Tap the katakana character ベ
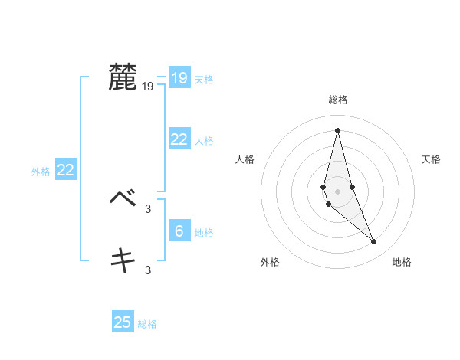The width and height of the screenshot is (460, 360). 123,198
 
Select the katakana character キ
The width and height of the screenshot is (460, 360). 123,260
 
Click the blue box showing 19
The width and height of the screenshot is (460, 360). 179,78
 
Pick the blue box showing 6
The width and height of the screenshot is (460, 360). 179,231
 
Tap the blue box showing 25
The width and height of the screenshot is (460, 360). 123,322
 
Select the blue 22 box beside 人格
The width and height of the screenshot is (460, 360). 179,139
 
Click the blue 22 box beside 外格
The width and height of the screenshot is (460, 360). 65,170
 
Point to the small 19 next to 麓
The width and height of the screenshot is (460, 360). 148,87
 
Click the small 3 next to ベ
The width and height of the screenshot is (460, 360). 148,208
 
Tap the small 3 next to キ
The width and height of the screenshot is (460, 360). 148,270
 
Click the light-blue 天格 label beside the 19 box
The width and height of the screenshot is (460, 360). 204,80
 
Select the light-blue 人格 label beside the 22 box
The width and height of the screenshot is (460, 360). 204,141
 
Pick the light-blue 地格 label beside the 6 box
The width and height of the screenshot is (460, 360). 204,233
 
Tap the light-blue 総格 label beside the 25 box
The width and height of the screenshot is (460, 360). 147,324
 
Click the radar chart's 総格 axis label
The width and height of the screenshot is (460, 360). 337,100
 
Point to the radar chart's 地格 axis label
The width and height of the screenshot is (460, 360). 402,262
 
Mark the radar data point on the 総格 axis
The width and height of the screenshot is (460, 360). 337,129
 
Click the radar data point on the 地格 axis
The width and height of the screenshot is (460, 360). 374,242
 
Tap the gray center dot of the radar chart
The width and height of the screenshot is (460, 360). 337,191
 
